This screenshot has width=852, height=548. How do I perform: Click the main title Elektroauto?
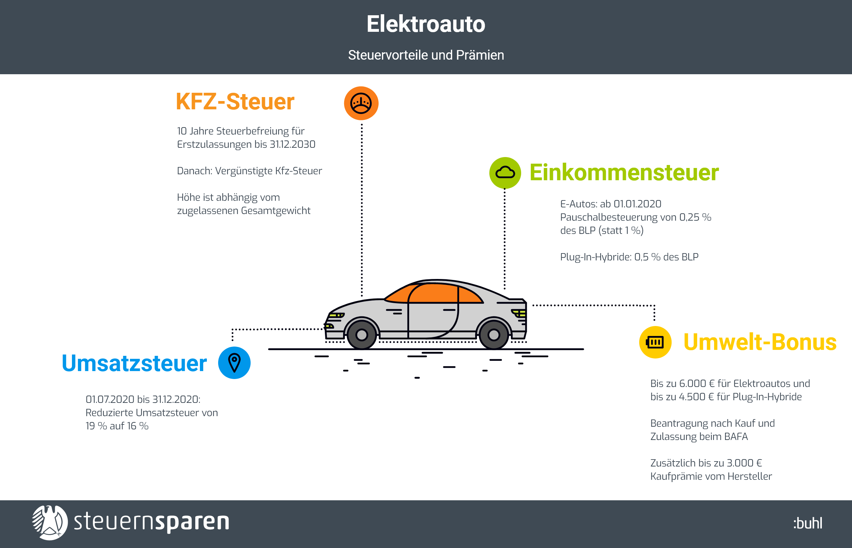click(x=426, y=24)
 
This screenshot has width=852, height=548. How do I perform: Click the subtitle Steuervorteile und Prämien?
click(x=426, y=55)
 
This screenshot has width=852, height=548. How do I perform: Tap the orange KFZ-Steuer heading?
click(x=235, y=101)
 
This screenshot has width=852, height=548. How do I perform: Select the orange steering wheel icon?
click(x=361, y=103)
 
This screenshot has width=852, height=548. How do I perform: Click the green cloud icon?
click(x=505, y=173)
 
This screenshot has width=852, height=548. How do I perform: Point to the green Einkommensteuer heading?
click(x=624, y=173)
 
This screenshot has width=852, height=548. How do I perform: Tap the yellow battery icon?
click(x=655, y=342)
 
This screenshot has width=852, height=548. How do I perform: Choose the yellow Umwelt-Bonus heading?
click(x=760, y=342)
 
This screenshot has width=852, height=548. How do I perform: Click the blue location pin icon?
click(x=234, y=362)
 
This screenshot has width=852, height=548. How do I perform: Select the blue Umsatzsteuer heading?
click(x=134, y=363)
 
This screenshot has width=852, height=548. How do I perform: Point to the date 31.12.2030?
click(x=292, y=144)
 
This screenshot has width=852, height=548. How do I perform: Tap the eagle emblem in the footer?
click(x=50, y=523)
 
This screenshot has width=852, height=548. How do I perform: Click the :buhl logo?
click(x=808, y=523)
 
